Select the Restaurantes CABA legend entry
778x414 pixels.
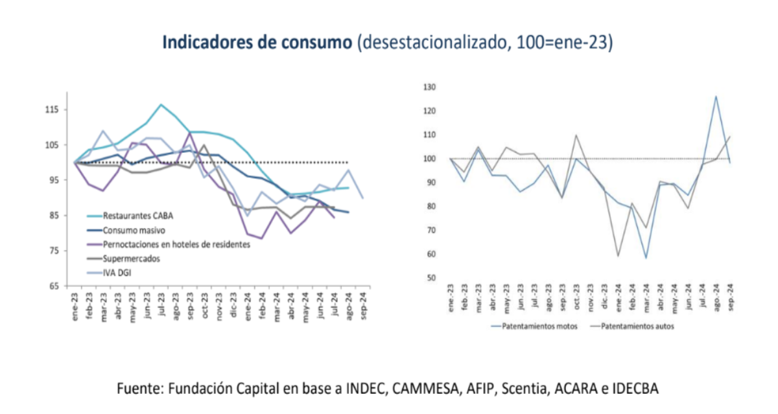(x=134, y=216)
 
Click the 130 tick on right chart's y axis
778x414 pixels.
(x=429, y=87)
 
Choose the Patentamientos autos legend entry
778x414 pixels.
(x=637, y=327)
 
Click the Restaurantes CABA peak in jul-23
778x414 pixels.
(x=161, y=104)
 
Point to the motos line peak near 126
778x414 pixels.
(x=716, y=97)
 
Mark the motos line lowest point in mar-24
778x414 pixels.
(x=646, y=258)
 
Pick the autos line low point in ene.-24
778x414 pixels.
(x=618, y=256)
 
